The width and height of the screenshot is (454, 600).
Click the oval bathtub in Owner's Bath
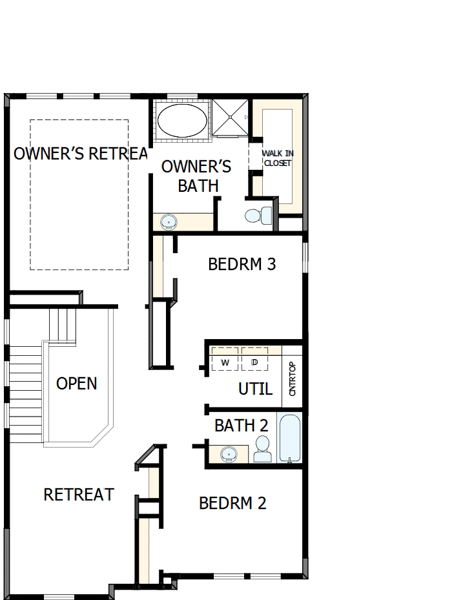pos(183,119)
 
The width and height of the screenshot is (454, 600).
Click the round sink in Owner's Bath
pos(169,222)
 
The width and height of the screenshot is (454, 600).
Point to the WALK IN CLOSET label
pos(277,158)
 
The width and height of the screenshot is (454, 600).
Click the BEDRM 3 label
pos(242,264)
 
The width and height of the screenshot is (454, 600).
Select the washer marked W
pos(225,362)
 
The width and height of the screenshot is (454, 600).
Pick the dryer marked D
pos(254,362)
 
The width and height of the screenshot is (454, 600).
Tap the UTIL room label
pos(255,389)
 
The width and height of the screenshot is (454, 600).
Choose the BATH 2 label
pos(241,426)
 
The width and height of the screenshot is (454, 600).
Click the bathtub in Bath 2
pos(289,438)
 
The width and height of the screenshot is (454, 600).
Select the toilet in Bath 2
pos(262,449)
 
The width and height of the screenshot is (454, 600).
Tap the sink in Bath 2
pos(228,455)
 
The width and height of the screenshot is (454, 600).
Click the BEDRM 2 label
pos(232,503)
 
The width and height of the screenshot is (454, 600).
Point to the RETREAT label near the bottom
pos(78,495)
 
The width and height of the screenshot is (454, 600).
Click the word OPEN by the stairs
pos(77,384)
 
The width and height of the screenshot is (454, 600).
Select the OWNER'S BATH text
pos(196,176)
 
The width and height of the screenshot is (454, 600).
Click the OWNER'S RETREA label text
pos(80,154)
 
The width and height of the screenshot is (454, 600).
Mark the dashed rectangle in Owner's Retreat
pos(79,194)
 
